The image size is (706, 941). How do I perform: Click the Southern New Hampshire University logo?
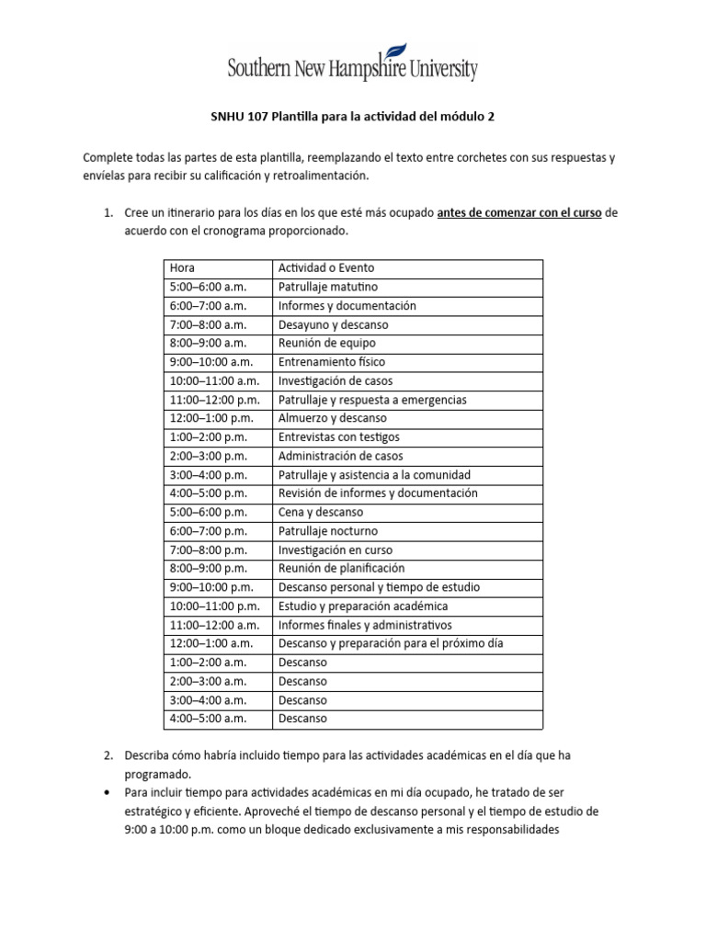click(x=353, y=63)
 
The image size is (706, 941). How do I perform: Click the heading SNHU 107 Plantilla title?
click(x=353, y=117)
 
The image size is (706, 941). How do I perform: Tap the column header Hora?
click(x=182, y=267)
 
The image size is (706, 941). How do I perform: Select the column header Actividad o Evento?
click(x=326, y=267)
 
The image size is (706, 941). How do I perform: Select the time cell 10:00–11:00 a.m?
click(x=214, y=380)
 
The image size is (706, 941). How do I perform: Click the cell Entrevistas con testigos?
click(x=338, y=437)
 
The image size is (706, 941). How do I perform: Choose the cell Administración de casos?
click(x=340, y=456)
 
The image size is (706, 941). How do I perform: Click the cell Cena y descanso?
click(x=320, y=512)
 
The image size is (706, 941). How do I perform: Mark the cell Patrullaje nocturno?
click(x=327, y=531)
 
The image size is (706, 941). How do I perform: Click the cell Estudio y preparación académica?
click(x=362, y=606)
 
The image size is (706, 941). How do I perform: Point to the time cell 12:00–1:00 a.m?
click(x=211, y=643)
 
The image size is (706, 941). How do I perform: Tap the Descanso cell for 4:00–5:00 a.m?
click(x=302, y=719)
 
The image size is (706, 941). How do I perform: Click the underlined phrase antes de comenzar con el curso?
click(x=519, y=212)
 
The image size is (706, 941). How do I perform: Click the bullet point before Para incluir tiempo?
click(x=108, y=792)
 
